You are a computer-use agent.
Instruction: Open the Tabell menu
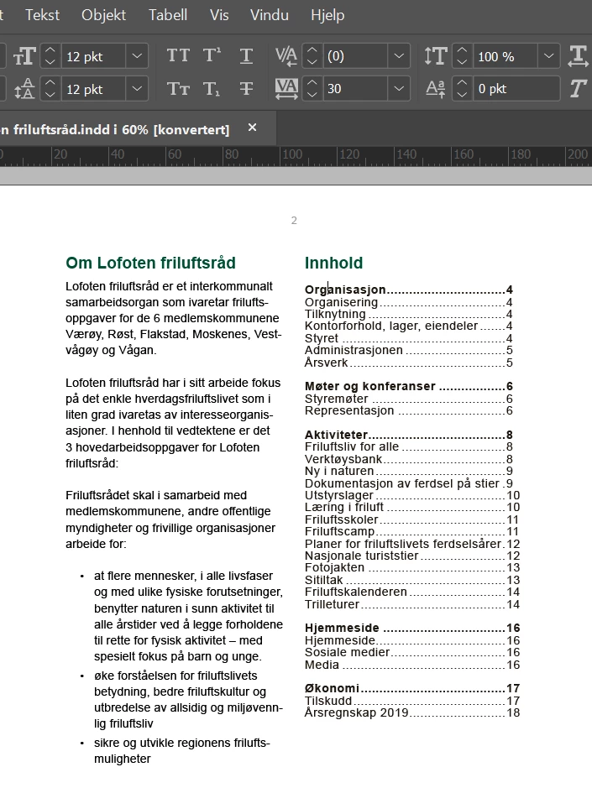click(168, 15)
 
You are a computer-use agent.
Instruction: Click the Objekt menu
click(103, 15)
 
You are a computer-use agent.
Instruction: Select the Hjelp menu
click(327, 15)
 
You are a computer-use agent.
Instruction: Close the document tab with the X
click(252, 128)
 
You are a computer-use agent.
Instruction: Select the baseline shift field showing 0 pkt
click(515, 89)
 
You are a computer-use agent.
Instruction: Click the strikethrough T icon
click(246, 89)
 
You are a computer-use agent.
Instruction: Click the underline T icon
click(246, 56)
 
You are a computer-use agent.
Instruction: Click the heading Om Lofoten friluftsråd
click(150, 263)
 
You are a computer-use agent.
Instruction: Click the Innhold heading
click(333, 264)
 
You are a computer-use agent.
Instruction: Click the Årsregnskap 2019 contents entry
click(356, 712)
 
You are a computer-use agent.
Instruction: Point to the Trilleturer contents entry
click(332, 604)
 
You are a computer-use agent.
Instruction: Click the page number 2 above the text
click(294, 221)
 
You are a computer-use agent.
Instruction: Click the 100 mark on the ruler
click(291, 155)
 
